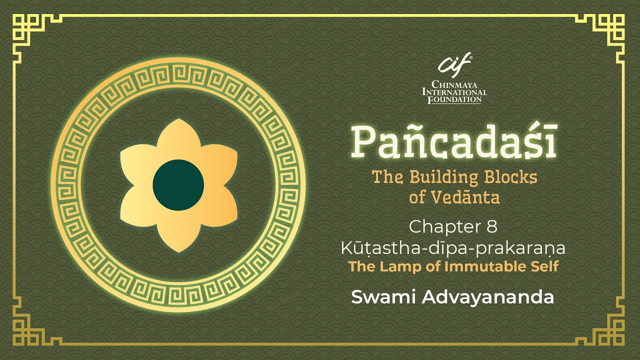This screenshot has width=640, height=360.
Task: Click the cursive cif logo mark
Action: (x=454, y=65)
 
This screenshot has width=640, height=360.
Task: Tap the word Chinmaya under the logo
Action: (x=454, y=84)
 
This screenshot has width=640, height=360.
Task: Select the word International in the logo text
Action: (x=454, y=92)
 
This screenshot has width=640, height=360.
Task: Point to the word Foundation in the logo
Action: (x=454, y=99)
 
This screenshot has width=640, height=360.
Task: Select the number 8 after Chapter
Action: (x=491, y=227)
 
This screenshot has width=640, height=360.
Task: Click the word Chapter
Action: (x=444, y=227)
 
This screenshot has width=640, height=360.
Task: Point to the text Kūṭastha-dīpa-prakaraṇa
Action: (x=453, y=248)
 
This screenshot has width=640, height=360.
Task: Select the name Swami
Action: (x=384, y=297)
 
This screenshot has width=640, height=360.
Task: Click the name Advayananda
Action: (x=487, y=297)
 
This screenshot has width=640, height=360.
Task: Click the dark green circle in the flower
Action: (x=178, y=185)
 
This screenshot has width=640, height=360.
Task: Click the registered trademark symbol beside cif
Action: (x=470, y=57)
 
